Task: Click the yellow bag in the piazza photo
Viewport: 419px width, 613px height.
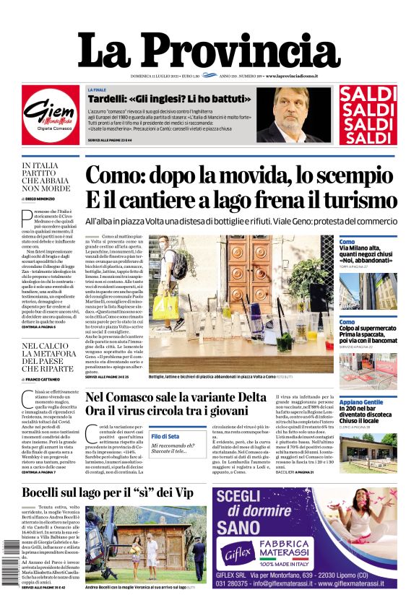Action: pyautogui.click(x=165, y=306)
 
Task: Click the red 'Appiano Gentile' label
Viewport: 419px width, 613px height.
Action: pyautogui.click(x=361, y=401)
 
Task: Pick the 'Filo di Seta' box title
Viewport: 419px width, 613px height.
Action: pyautogui.click(x=165, y=436)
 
